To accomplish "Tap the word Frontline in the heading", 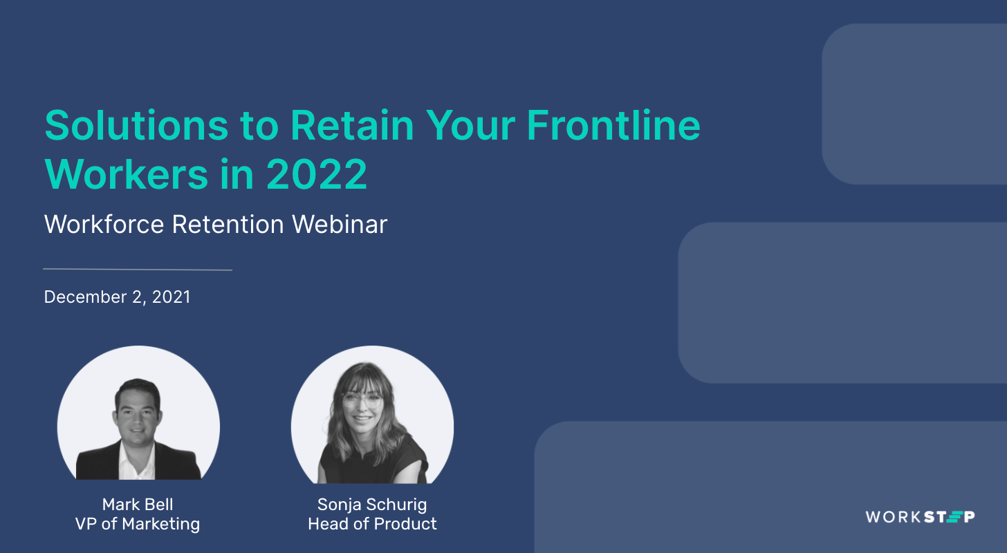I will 613,125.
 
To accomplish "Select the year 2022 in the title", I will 317,175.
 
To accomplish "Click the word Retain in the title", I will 352,125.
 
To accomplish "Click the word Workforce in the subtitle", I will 104,225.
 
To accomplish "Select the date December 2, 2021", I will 117,297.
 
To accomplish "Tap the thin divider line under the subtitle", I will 137,270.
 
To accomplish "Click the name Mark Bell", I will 138,504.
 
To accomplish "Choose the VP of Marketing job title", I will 138,524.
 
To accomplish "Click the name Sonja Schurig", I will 372,504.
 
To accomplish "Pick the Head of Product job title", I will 372,524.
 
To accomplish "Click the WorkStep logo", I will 920,516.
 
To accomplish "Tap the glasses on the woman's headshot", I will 362,399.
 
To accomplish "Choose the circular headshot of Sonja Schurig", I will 372,415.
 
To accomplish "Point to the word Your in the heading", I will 470,125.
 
